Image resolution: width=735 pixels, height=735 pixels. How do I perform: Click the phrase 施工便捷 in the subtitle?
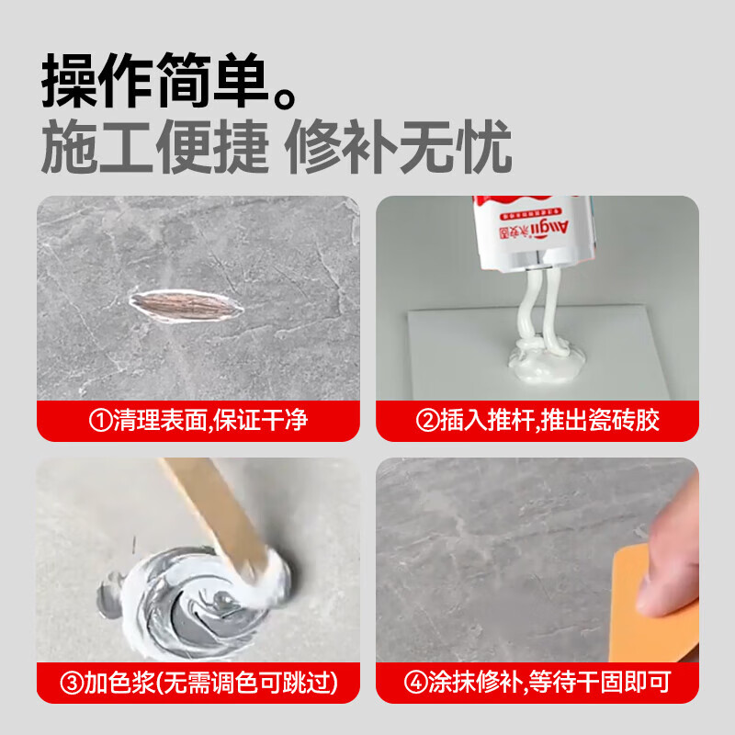pos(154,146)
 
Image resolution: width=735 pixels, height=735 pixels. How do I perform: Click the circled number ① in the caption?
pos(100,422)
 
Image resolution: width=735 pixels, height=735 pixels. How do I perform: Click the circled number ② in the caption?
pos(427,422)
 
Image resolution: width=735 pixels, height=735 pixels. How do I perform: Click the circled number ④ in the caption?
pos(415,683)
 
